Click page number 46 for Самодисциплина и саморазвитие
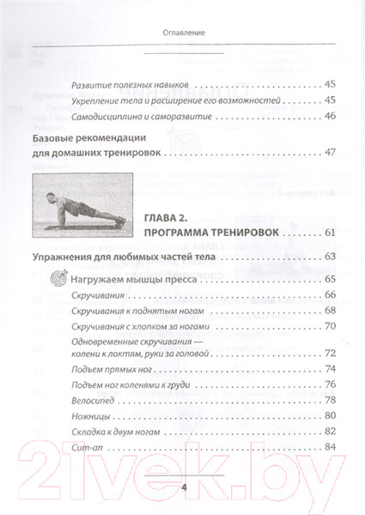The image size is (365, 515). coord(331,117)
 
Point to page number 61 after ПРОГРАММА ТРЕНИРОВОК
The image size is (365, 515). coord(331,233)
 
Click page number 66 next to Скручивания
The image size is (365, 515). coord(331,295)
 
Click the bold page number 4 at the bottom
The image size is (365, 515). coord(183,487)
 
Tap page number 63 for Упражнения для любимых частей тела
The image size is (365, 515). coord(331,257)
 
